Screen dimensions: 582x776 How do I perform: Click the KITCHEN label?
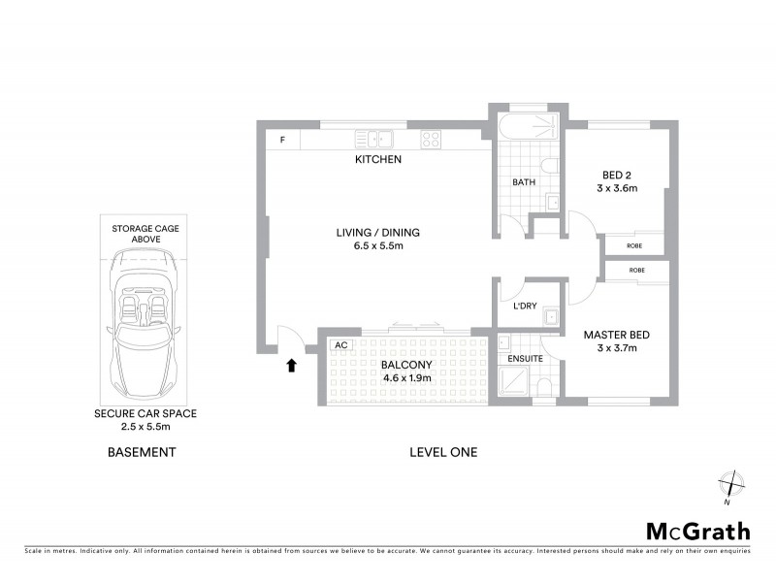click(x=377, y=159)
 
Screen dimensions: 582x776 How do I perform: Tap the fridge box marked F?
click(x=282, y=140)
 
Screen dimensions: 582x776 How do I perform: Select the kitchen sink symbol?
click(x=372, y=139)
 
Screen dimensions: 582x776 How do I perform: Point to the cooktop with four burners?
click(x=431, y=139)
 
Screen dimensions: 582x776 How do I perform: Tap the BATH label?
click(x=524, y=181)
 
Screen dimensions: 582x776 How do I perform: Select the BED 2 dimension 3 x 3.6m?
click(x=617, y=189)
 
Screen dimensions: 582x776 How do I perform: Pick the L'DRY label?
click(x=524, y=307)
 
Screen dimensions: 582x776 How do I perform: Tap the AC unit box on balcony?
click(x=340, y=344)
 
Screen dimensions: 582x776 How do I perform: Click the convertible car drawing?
click(x=145, y=315)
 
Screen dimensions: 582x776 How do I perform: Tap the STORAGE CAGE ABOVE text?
click(x=145, y=233)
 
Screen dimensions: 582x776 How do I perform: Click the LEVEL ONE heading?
click(x=443, y=452)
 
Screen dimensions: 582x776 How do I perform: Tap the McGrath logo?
click(x=697, y=531)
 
